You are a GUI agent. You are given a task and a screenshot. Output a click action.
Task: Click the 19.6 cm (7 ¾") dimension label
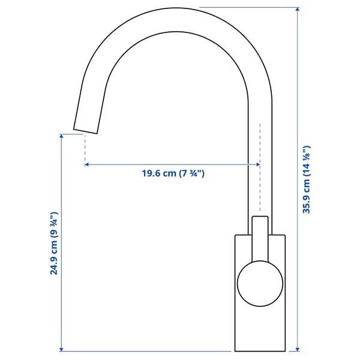173,174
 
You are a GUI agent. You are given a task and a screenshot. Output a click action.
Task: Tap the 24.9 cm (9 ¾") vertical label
54,243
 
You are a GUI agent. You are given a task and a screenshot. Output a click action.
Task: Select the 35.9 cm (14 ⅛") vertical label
307,180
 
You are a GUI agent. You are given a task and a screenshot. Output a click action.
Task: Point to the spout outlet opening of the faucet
85,131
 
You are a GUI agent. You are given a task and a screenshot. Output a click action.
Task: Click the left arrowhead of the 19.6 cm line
88,164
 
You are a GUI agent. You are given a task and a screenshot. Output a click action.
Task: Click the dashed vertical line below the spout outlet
85,147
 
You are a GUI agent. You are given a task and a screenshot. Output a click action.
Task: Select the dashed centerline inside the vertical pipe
260,180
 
